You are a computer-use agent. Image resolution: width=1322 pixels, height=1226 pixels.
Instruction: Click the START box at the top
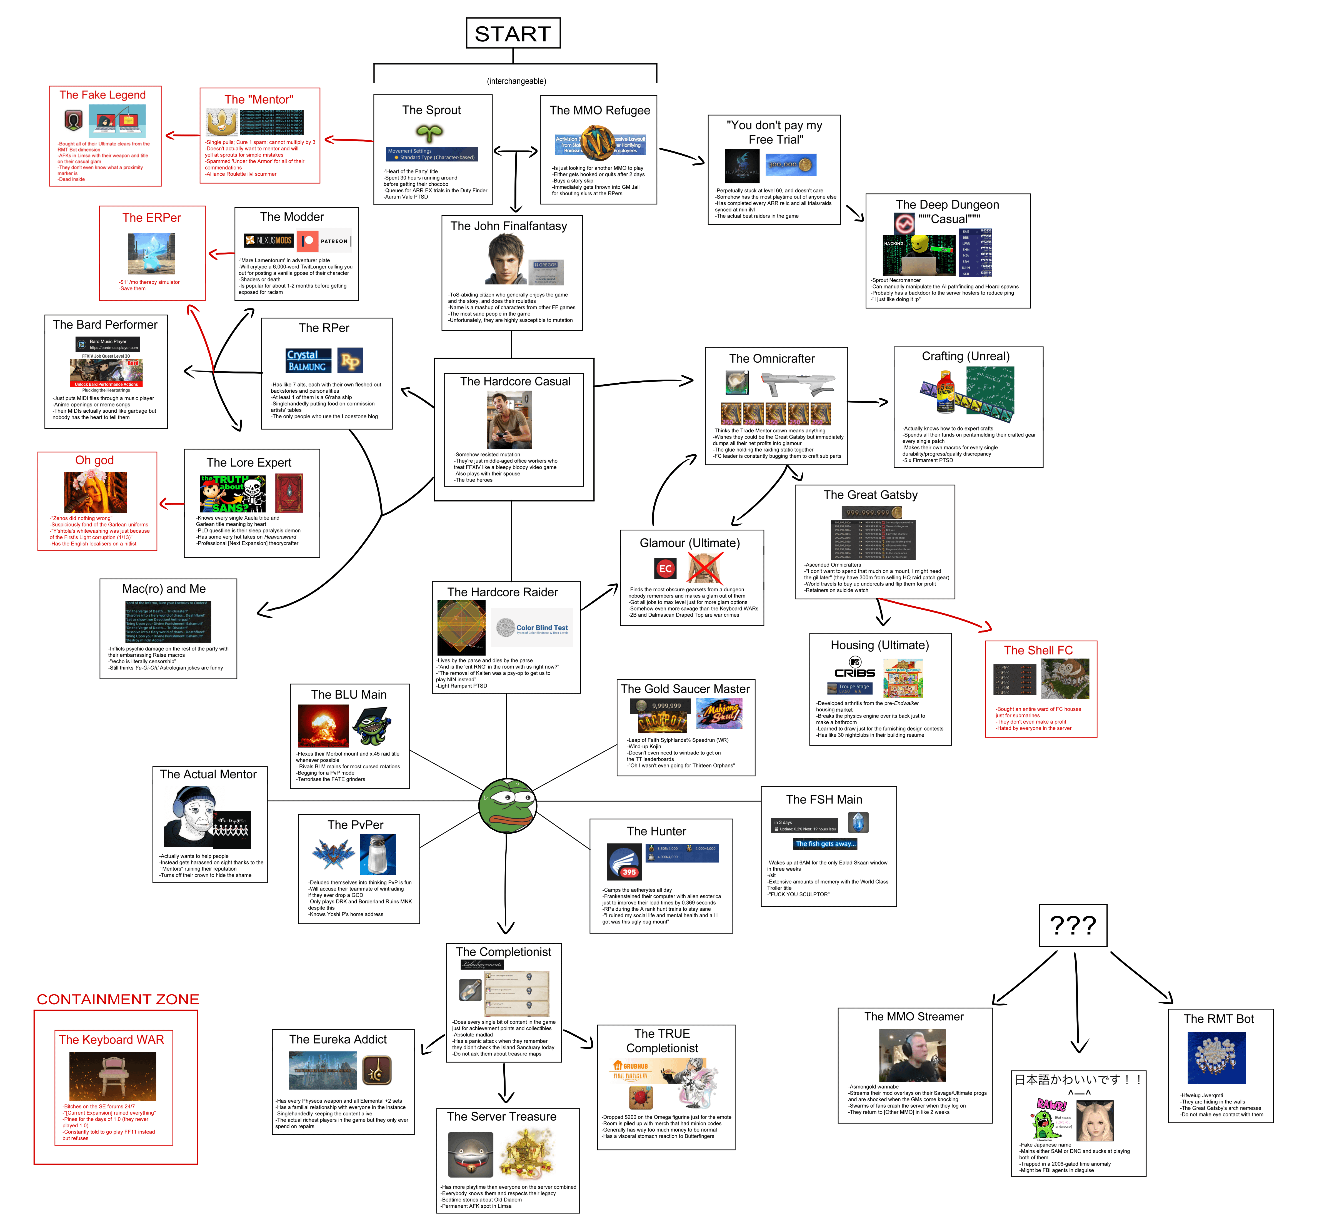[x=513, y=33]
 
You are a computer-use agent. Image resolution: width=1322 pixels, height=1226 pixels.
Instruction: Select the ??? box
[x=1073, y=925]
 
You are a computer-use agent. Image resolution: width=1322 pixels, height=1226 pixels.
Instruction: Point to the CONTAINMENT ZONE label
[x=118, y=999]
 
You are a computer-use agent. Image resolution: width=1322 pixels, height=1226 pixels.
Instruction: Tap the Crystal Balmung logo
[x=306, y=360]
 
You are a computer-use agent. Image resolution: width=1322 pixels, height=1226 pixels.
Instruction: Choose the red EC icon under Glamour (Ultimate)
[x=665, y=569]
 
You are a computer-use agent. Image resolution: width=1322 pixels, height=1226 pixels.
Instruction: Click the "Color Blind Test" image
[x=534, y=628]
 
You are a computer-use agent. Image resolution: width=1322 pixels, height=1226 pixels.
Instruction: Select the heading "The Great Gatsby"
[x=870, y=495]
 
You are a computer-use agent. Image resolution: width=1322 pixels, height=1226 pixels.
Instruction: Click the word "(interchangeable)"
[x=516, y=81]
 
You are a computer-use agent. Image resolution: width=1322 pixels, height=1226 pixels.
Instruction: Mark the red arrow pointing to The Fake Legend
[x=180, y=136]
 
